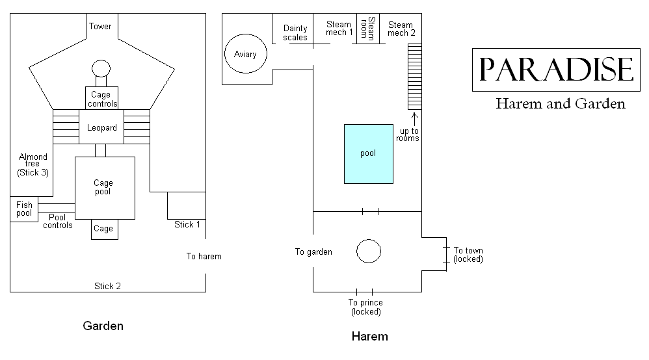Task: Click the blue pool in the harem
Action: tap(368, 154)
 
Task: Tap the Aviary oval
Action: tap(245, 55)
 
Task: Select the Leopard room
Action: tap(102, 127)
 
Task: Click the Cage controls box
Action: tap(102, 99)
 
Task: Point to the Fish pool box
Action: tap(24, 209)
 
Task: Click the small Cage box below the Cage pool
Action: tap(103, 229)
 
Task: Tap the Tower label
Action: tap(100, 27)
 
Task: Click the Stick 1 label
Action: tap(187, 224)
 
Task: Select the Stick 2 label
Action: tap(107, 286)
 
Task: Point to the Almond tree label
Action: tap(33, 164)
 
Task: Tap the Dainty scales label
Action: tap(295, 32)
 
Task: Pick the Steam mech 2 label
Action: tap(401, 29)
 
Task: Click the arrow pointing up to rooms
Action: tap(414, 118)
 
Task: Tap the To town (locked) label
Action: tap(468, 255)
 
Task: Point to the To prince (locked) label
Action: tap(365, 307)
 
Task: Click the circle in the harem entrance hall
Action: tap(368, 250)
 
